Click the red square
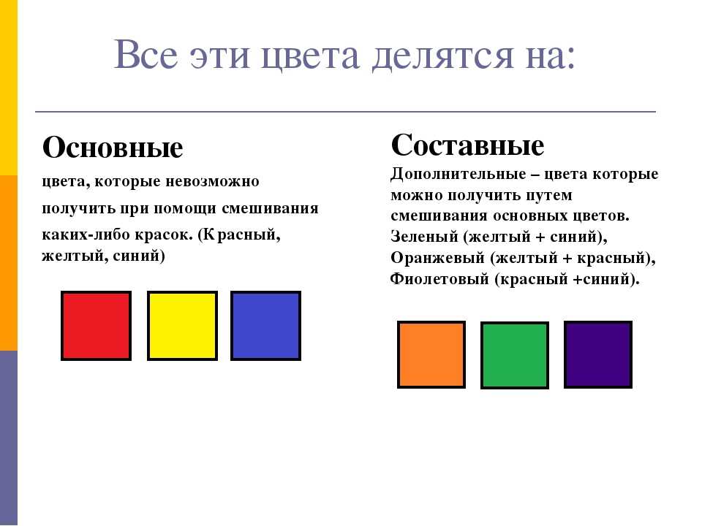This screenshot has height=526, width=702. coord(96,326)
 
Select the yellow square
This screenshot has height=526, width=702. coord(182,326)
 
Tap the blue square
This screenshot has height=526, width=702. coord(266,326)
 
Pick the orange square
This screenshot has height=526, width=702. coord(431,354)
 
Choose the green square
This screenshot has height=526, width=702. coord(515,355)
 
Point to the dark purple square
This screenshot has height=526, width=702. coord(598,354)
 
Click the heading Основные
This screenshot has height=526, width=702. coord(113,147)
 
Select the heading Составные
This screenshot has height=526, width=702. coord(467,145)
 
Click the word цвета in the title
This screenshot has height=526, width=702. coord(310,56)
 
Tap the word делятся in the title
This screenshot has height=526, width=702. coord(442,56)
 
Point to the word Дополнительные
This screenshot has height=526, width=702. coord(458,174)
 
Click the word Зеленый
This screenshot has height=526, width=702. coord(424,236)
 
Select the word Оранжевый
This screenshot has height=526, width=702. coord(437,258)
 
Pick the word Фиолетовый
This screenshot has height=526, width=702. coord(439,279)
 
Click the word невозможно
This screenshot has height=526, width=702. coord(212,182)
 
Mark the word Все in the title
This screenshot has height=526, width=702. coord(146,55)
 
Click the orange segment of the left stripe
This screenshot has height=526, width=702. coord(9,262)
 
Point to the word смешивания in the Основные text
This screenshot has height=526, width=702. coord(270,208)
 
